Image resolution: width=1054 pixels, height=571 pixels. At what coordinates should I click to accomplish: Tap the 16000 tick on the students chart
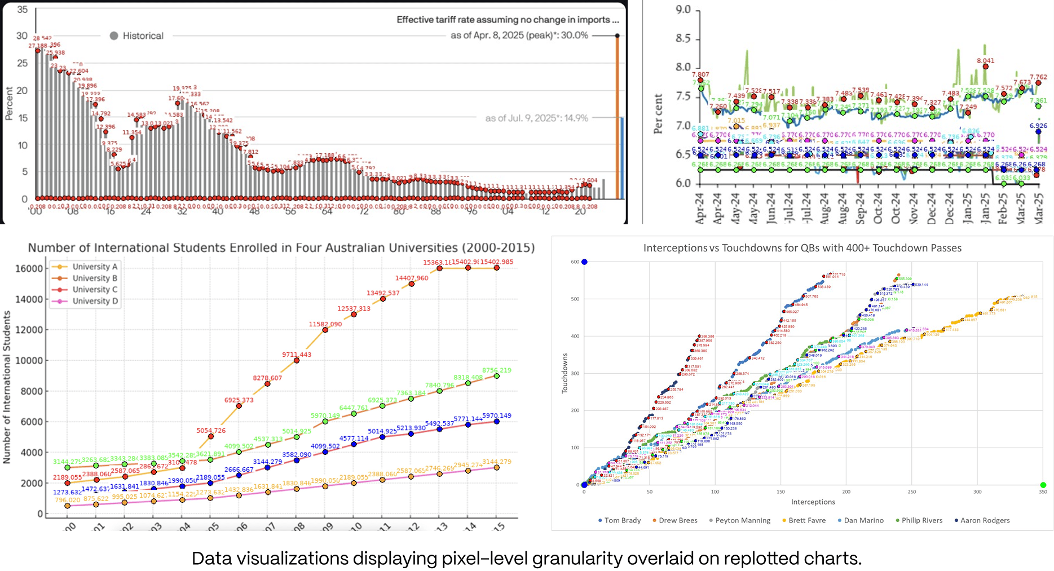[x=29, y=269]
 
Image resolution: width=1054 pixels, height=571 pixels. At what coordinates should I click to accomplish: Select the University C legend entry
[x=95, y=290]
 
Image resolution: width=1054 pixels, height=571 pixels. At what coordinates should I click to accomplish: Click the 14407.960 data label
[x=411, y=278]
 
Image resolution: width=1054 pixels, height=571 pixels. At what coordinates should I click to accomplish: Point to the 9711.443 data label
[x=297, y=355]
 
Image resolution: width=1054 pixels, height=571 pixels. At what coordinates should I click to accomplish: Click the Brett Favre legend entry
[x=804, y=520]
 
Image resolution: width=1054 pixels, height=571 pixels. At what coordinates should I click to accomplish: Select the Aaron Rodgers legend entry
[x=982, y=520]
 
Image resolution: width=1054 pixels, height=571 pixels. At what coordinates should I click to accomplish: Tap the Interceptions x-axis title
[x=813, y=502]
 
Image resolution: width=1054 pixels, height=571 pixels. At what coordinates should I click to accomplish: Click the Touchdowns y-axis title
[x=565, y=373]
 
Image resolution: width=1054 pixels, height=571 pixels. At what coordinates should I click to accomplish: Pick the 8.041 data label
[x=985, y=61]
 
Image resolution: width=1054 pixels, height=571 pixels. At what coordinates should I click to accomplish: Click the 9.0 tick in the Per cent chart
[x=683, y=10]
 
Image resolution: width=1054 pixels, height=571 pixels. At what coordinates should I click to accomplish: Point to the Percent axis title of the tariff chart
[x=9, y=103]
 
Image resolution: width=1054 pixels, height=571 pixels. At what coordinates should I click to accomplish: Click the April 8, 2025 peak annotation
[x=519, y=36]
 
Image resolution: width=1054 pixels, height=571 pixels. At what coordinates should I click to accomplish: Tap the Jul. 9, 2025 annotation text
[x=536, y=118]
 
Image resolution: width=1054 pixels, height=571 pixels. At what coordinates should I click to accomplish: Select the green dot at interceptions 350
[x=1043, y=485]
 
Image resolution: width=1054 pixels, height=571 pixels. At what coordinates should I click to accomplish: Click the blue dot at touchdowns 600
[x=584, y=262]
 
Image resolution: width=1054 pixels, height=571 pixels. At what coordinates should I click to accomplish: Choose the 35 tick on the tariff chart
[x=22, y=10]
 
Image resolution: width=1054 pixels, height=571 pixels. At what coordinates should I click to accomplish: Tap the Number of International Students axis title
[x=7, y=387]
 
